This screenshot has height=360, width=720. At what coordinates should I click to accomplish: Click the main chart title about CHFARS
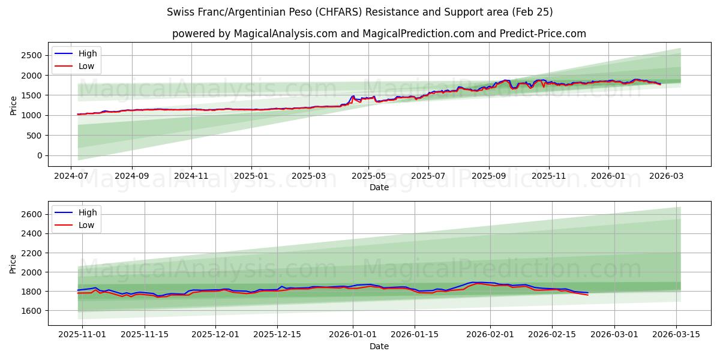(x=359, y=12)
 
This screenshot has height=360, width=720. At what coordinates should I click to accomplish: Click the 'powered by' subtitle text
(x=379, y=34)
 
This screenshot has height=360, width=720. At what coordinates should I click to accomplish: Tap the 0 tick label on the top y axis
(x=39, y=155)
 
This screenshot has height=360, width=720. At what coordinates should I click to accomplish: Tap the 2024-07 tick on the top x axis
(x=72, y=176)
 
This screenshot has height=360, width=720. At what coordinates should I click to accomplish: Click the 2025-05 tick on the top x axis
(x=368, y=176)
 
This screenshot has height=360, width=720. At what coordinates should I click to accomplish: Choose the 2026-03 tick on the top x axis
(x=666, y=176)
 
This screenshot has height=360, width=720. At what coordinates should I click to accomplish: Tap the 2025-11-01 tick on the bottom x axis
(x=83, y=334)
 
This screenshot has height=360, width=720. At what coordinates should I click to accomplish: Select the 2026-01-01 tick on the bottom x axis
(x=353, y=334)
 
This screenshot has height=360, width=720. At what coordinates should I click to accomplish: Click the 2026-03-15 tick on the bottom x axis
(x=677, y=334)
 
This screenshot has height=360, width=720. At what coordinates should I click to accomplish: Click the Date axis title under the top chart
(x=379, y=187)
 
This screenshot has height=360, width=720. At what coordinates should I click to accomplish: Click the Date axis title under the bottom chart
(x=379, y=346)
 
